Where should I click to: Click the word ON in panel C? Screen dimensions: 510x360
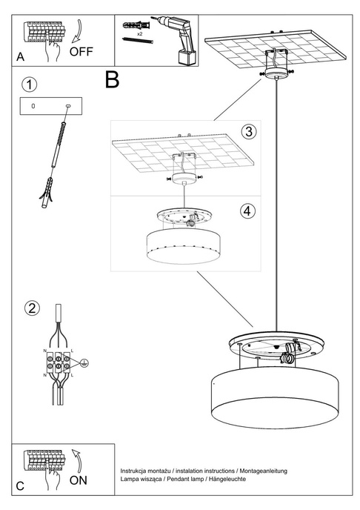point(78,480)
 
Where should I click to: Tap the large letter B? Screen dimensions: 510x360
point(112,79)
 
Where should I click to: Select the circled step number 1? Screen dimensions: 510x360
point(29,84)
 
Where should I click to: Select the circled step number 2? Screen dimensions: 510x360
point(30,308)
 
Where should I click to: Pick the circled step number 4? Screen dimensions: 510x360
point(248,210)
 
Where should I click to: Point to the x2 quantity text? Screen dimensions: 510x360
point(139,34)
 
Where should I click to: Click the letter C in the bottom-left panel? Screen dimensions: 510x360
point(20,486)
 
